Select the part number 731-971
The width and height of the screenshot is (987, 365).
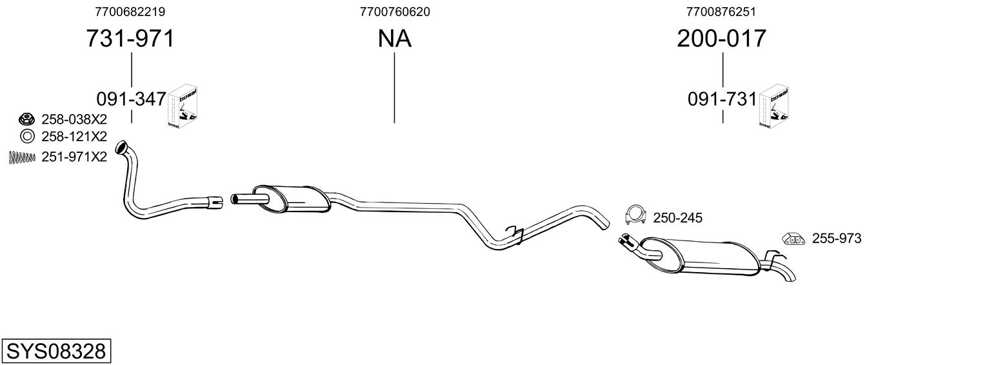(130, 39)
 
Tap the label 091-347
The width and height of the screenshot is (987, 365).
(131, 99)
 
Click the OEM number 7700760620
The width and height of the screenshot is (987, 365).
(395, 12)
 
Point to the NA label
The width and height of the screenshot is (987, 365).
(394, 39)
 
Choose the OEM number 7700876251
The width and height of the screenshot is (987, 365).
(721, 12)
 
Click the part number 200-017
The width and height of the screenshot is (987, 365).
(721, 39)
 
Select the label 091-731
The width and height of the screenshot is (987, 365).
(721, 99)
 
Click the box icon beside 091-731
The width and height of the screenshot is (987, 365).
(773, 106)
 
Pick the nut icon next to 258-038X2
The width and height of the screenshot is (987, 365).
(26, 119)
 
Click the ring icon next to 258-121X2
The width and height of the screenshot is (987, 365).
(26, 136)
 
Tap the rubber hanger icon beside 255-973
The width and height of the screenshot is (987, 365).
(793, 239)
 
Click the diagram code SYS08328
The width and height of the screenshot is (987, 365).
(55, 351)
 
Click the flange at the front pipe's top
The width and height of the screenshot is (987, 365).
(121, 150)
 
